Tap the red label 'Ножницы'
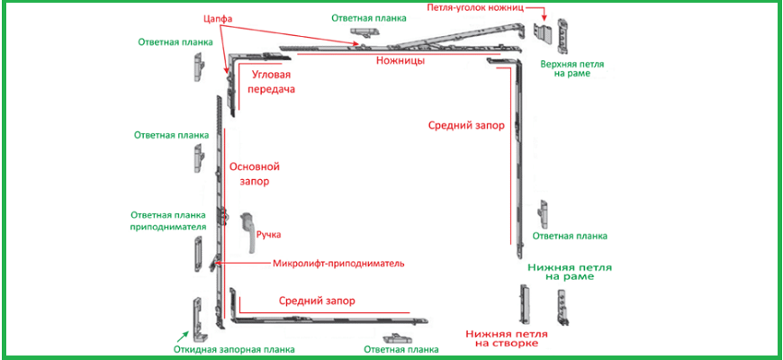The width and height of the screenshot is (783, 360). tap(400, 62)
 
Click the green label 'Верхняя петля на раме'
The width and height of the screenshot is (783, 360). tap(572, 70)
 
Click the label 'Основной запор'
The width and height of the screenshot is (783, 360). tap(256, 174)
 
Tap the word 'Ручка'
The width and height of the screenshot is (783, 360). tap(269, 235)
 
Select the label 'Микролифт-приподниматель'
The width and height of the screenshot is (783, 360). tap(338, 264)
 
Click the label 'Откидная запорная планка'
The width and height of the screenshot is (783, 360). tap(235, 349)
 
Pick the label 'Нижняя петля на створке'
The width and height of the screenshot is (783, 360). tap(502, 337)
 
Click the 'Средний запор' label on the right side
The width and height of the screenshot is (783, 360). tap(465, 126)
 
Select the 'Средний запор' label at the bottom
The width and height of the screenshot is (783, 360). tap(316, 301)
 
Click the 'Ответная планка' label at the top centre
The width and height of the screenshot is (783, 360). tap(367, 17)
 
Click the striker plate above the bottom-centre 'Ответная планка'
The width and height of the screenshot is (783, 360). tap(398, 337)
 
